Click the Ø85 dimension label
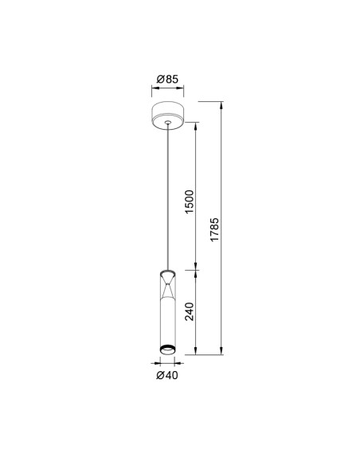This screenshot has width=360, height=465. tap(167, 79)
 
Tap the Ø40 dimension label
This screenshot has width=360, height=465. tap(167, 375)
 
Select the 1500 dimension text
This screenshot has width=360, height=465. tap(190, 201)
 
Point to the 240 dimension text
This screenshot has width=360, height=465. tap(190, 311)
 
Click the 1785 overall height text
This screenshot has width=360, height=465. tap(214, 229)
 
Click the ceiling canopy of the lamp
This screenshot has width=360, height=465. tap(167, 115)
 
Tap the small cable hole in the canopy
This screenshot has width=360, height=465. tap(168, 122)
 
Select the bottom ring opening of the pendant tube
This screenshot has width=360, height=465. tap(167, 350)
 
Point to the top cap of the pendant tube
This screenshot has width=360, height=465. tap(167, 272)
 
